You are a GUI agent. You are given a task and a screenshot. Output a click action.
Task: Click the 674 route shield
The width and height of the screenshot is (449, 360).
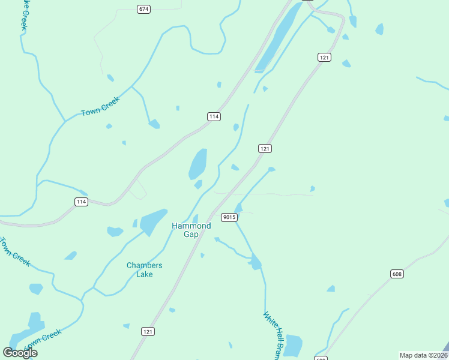pyautogui.click(x=143, y=9)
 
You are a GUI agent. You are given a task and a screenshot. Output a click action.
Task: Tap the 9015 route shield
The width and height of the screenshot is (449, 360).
pyautogui.click(x=228, y=217)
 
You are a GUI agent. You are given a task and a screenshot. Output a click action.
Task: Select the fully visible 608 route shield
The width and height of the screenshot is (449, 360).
pyautogui.click(x=396, y=274)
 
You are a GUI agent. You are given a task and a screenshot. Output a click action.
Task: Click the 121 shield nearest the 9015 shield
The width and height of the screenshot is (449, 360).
pyautogui.click(x=265, y=148)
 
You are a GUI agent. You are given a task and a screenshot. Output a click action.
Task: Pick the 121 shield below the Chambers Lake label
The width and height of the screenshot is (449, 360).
pyautogui.click(x=148, y=331)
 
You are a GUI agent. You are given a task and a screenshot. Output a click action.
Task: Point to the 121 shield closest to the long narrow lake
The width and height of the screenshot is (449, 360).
pyautogui.click(x=324, y=57)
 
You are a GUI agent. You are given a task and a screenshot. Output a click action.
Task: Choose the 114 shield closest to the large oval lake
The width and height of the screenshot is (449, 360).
pyautogui.click(x=213, y=116)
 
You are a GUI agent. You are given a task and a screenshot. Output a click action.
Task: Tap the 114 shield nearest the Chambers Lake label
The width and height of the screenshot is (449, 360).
pyautogui.click(x=82, y=202)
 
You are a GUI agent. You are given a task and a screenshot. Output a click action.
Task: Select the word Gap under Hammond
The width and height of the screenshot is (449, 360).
pyautogui.click(x=191, y=235)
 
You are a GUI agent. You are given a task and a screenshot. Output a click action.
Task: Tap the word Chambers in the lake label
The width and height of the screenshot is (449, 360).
pyautogui.click(x=144, y=266)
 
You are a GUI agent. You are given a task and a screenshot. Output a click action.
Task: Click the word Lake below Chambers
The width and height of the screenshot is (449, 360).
pyautogui.click(x=144, y=274)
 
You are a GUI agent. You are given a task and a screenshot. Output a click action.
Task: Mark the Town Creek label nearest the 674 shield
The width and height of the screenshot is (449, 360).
pyautogui.click(x=101, y=107)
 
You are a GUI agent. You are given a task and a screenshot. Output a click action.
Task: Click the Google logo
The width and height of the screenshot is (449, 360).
pyautogui.click(x=20, y=353)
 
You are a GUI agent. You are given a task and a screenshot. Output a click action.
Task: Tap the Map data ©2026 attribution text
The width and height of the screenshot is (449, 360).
pyautogui.click(x=423, y=355)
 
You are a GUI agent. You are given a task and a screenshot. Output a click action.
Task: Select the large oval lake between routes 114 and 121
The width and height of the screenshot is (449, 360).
pyautogui.click(x=198, y=163)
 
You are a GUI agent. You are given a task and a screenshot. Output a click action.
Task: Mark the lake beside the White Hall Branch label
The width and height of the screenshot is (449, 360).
pyautogui.click(x=293, y=346)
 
